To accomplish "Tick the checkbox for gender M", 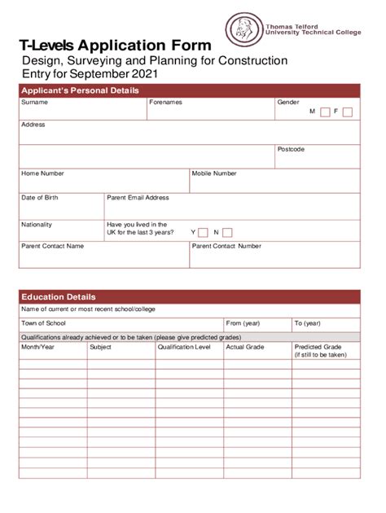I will coord(325,112).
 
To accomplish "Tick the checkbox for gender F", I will coord(348,112).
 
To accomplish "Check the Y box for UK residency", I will coord(203,233).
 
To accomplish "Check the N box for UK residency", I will coord(227,233).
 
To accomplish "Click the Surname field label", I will coord(34,103).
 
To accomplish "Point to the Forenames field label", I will coord(165,103).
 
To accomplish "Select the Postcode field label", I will coord(291,150).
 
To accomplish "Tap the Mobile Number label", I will coord(214,173).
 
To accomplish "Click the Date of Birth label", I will coord(40,198).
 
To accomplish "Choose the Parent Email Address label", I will coord(138,198).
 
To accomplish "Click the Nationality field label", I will coord(37,225).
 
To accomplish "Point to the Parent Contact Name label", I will coord(52,245).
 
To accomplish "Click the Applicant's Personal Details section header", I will coord(80,90).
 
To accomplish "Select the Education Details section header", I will coord(59,297).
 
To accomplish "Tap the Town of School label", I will coord(43,323).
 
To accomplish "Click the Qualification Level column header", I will coord(184,347).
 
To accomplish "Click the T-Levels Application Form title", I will coord(115,46).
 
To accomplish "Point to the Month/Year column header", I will coord(37,347).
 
